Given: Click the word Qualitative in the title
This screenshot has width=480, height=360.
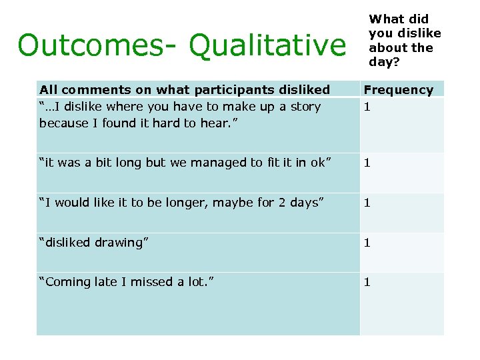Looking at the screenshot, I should [x=267, y=46].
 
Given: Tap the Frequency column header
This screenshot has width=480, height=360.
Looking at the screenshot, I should [x=398, y=89].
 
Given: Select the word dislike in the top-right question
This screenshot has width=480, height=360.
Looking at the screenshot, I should [x=420, y=33].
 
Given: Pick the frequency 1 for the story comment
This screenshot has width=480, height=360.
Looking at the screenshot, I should [x=367, y=107].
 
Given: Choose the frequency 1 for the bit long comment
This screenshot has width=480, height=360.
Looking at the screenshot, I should [x=367, y=163].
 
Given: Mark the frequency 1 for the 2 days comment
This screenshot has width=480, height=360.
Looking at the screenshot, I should [x=367, y=203].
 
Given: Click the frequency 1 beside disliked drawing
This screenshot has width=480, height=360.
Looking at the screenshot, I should [x=367, y=243].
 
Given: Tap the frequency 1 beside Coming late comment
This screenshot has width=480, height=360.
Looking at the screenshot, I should [x=367, y=282].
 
